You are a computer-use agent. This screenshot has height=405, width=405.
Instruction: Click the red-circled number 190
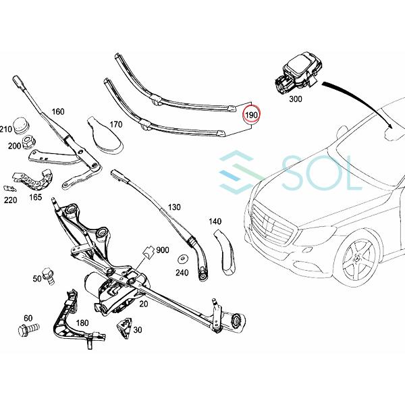[x=251, y=115]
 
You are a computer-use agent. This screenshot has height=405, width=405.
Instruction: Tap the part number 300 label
[x=296, y=99]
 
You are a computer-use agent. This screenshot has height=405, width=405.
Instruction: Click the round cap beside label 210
[x=22, y=126]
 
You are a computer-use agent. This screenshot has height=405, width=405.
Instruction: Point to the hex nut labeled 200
[x=29, y=142]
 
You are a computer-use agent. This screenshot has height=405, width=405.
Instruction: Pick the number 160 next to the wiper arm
[x=58, y=111]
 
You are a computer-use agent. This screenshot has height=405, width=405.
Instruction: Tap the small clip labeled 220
[x=10, y=188]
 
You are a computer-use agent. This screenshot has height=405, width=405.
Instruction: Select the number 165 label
[x=35, y=197]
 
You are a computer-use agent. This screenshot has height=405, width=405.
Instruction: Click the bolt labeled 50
[x=49, y=276]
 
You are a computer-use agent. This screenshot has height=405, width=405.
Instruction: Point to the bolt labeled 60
[x=28, y=330]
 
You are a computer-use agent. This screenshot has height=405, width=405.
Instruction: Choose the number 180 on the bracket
[x=82, y=323]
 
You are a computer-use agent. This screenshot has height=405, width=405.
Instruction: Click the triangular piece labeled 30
[x=125, y=327]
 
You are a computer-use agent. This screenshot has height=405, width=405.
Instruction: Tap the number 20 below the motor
[x=144, y=304]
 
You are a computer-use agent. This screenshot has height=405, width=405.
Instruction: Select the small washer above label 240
[x=183, y=259]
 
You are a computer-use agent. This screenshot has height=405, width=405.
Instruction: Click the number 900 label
[x=163, y=250]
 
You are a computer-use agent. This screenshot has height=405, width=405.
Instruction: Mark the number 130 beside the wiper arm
[x=174, y=207]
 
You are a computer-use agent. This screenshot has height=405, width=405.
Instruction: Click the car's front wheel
[x=360, y=260]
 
